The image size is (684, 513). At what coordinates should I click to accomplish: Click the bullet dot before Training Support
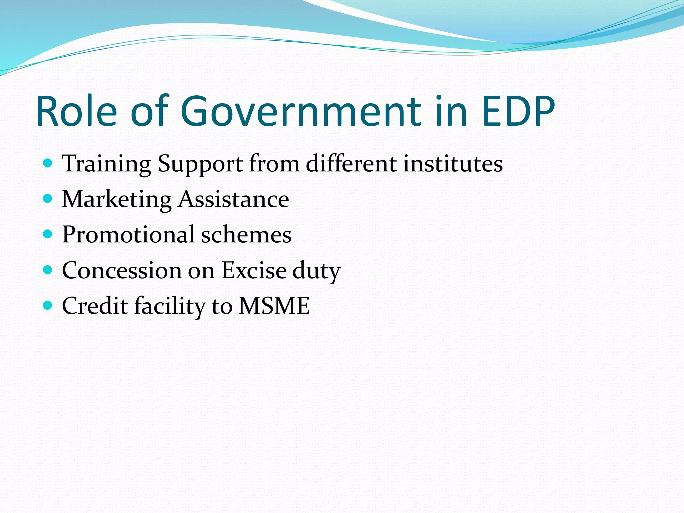click(x=48, y=163)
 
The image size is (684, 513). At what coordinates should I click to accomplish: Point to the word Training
click(x=107, y=164)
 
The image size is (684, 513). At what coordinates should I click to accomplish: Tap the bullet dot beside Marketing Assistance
click(x=48, y=199)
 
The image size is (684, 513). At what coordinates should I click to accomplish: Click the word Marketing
click(x=117, y=200)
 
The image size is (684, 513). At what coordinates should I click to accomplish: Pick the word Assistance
click(x=233, y=199)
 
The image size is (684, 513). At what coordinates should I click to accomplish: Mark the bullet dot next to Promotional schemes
click(x=48, y=234)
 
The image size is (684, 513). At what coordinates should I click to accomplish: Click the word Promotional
click(x=128, y=234)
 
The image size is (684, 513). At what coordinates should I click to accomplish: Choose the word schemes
click(x=246, y=235)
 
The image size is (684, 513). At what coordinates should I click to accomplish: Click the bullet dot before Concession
click(x=48, y=270)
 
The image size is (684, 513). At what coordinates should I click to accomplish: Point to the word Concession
click(x=122, y=270)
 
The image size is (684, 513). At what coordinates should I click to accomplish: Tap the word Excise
click(x=254, y=270)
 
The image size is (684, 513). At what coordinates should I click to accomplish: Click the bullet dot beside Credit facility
click(x=48, y=305)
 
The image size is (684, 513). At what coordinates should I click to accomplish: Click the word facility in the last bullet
click(x=170, y=306)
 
